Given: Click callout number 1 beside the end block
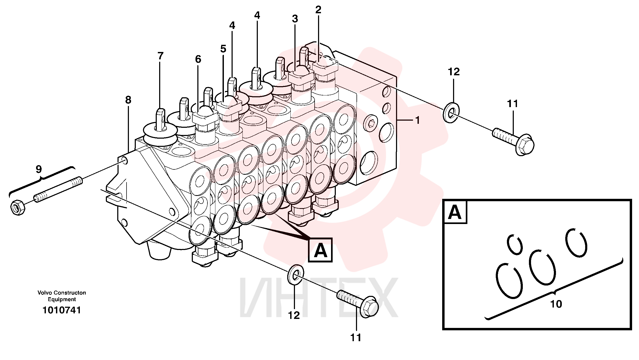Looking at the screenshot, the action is coord(418,120).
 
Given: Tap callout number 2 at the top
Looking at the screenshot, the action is coord(318,10).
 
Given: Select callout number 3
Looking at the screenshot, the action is coord(295,19).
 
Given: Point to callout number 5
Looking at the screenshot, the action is coord(223,49).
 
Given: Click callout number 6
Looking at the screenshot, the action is coord(198,59).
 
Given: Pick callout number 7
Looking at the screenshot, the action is coord(160,56).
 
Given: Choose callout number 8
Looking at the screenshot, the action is coord(128,100).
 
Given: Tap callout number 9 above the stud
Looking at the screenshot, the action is coord(39,169).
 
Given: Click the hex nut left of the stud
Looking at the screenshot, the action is coord(18,207).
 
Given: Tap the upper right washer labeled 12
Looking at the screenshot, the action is coord(451,113).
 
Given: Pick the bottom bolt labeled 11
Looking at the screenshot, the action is coord(358,304).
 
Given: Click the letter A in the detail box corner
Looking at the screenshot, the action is coord(455,212).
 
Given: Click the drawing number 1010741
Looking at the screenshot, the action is coord(62,310).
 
